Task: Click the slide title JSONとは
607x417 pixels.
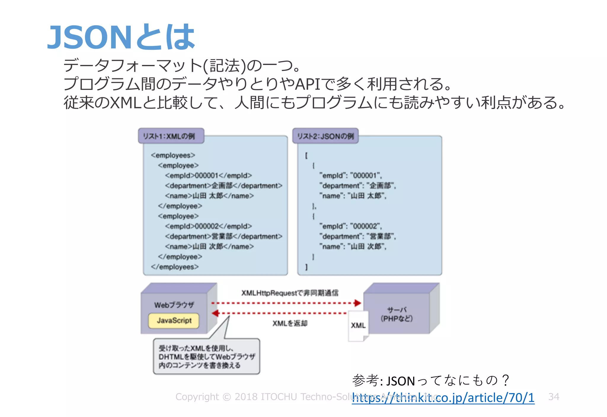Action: click(121, 37)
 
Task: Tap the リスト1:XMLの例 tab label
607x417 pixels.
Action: click(169, 136)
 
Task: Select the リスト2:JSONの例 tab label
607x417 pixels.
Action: click(325, 136)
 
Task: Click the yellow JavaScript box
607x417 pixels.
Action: click(174, 321)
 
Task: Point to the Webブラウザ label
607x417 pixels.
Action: click(174, 305)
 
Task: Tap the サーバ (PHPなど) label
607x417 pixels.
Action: click(397, 314)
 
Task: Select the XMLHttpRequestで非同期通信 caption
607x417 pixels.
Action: click(290, 293)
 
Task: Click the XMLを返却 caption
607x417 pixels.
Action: click(290, 323)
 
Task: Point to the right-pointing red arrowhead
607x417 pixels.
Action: click(358, 303)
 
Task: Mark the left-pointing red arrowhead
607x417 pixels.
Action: click(215, 313)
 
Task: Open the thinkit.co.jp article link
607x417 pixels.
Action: click(443, 398)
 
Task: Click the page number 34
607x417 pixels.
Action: click(554, 397)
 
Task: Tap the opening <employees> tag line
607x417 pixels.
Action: click(173, 155)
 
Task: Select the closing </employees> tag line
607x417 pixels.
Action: click(175, 267)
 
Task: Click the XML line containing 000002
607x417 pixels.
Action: click(208, 226)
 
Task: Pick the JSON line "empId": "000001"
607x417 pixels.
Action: click(350, 175)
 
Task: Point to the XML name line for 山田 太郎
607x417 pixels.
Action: click(209, 196)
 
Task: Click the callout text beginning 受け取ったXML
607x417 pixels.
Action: click(206, 356)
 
